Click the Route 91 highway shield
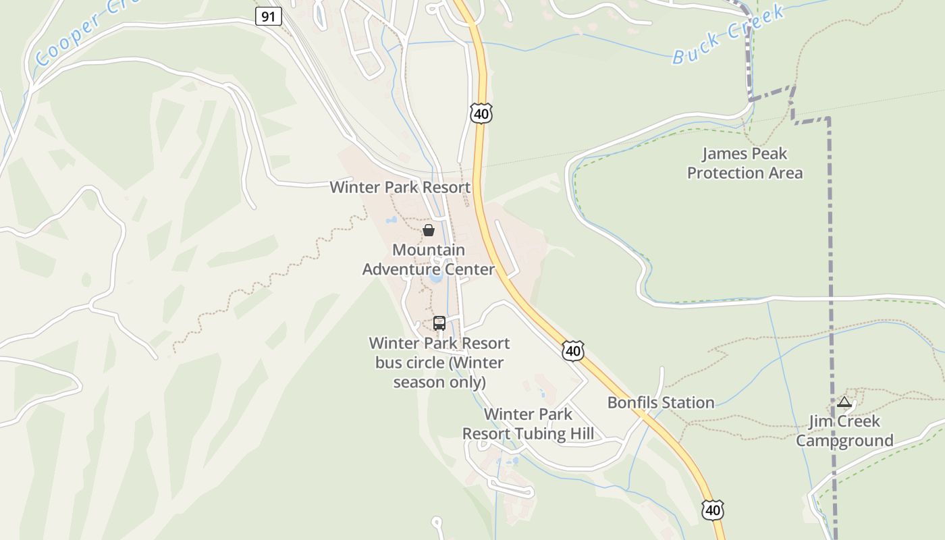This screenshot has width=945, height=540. [268, 16]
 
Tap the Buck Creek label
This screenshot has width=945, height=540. [728, 34]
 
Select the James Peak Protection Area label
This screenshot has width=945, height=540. [745, 163]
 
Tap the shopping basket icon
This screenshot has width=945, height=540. [428, 230]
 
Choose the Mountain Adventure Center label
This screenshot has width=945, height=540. [428, 260]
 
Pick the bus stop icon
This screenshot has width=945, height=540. [439, 323]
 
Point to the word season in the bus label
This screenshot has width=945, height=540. [417, 382]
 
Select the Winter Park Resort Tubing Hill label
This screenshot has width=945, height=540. [528, 424]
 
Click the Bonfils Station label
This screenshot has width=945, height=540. [660, 402]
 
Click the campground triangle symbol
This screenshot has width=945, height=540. [844, 402]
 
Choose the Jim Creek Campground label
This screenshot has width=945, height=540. [844, 431]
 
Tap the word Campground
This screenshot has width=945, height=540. [844, 441]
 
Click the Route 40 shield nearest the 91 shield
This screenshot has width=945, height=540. [481, 113]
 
